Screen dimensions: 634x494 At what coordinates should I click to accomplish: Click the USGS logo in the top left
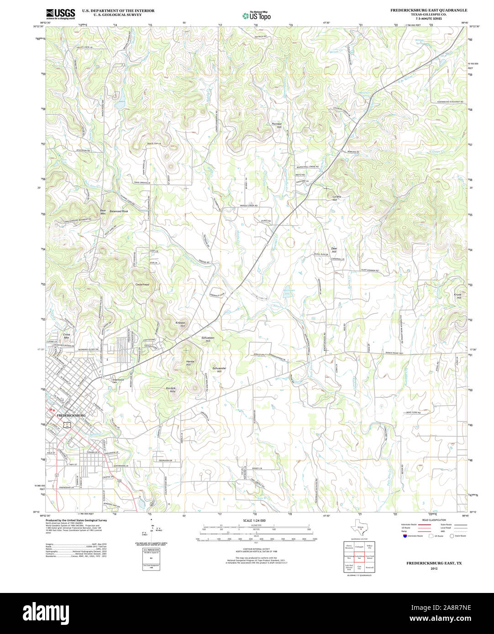coord(61,13)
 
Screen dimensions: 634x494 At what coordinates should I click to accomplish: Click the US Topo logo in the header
coord(256,16)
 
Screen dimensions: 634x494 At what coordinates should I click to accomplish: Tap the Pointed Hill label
coord(277,125)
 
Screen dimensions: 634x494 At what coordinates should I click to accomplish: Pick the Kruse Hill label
coord(457,296)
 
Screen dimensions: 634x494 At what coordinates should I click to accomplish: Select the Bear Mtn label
coord(103,212)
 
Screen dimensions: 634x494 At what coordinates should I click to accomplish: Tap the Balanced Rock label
coord(119,212)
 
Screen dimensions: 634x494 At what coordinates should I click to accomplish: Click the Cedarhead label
coord(142,284)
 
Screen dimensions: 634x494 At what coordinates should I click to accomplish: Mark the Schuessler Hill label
coord(219,369)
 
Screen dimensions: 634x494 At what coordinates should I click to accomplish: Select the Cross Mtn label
coord(66,336)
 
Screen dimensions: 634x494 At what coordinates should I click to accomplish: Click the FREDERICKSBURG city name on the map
coord(71,416)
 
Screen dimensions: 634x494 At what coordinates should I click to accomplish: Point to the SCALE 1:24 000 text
coord(254,520)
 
